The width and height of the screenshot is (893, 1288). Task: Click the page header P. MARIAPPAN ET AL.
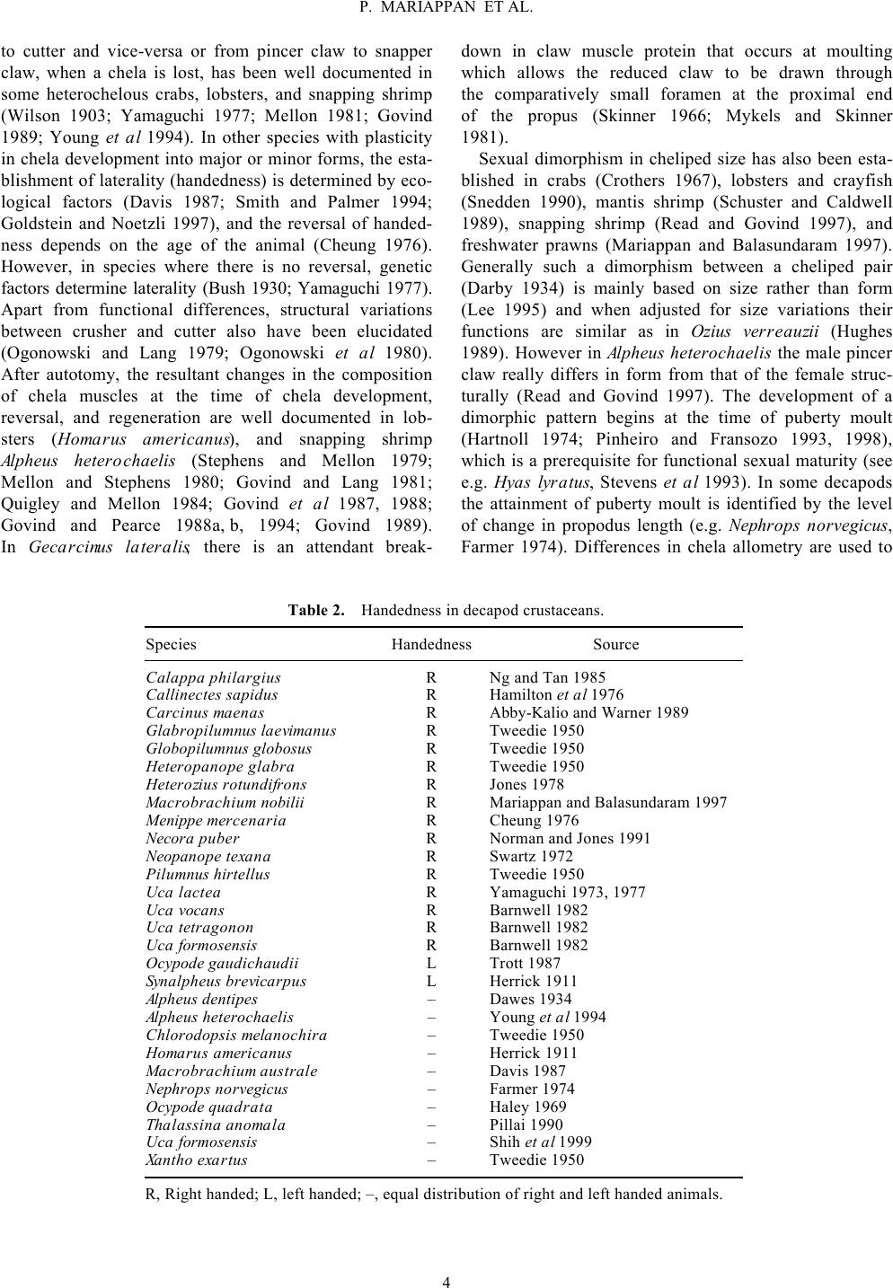tap(446, 9)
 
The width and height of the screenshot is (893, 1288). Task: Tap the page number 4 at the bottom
tap(446, 1281)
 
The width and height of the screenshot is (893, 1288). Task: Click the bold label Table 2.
tap(315, 611)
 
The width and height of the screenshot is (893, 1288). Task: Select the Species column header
tap(171, 644)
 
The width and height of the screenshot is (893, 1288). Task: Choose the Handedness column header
tap(431, 644)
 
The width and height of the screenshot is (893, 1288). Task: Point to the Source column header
tap(615, 644)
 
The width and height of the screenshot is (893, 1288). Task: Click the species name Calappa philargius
tap(213, 677)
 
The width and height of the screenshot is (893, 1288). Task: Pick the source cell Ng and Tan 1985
tap(547, 677)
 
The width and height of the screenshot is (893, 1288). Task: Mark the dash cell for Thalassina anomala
tap(431, 1125)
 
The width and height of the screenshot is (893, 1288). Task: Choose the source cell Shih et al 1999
tap(540, 1142)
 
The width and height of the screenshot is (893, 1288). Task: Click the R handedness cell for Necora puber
tap(431, 838)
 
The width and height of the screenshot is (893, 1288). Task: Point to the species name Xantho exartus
tap(196, 1160)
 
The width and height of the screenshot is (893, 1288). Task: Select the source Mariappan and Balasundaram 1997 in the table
tap(608, 802)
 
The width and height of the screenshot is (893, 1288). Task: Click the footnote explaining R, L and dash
tap(433, 1195)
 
